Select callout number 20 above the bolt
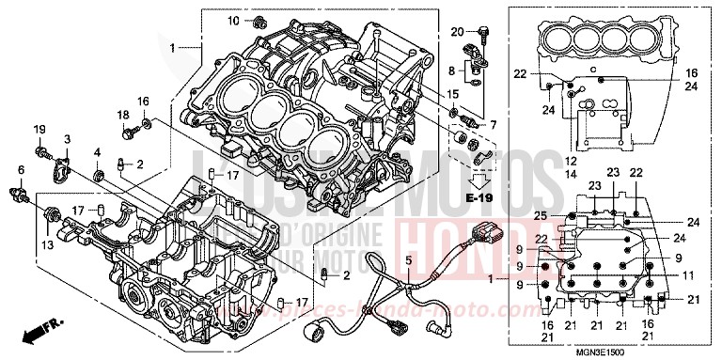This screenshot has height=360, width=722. click(x=458, y=32)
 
